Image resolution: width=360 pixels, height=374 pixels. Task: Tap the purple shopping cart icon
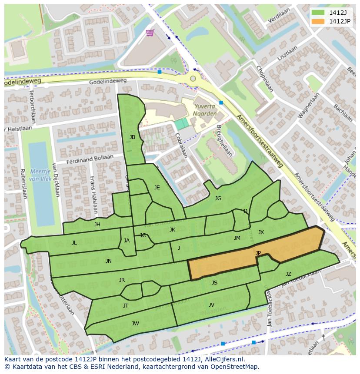click(x=150, y=33)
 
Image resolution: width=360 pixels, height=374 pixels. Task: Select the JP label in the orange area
click(x=258, y=253)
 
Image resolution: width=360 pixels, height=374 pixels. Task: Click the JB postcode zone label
click(x=132, y=137)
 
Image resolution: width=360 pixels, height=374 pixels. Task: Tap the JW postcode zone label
click(x=135, y=323)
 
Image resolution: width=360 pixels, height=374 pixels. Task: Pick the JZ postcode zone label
click(x=288, y=274)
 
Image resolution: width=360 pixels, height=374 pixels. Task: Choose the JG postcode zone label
click(x=218, y=199)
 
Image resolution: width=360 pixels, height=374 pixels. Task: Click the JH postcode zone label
click(x=97, y=225)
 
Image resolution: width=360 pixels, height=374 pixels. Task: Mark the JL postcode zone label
click(x=74, y=243)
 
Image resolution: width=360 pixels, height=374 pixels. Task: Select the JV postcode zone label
click(x=211, y=305)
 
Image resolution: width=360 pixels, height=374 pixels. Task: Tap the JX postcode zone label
click(x=261, y=232)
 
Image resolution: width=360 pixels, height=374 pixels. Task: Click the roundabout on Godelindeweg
click(x=193, y=79)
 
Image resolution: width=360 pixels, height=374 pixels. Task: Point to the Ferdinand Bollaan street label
click(x=90, y=159)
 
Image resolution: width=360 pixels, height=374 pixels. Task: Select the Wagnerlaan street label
click(x=308, y=106)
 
